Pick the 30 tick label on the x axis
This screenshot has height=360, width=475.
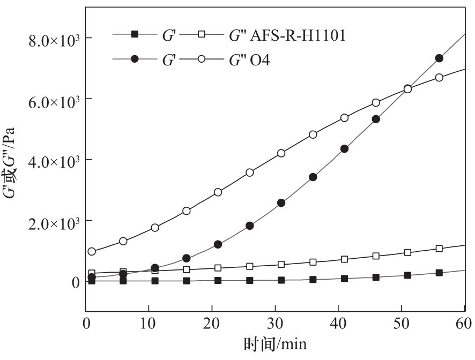click(x=275, y=323)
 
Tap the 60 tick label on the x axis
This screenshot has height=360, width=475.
click(x=464, y=323)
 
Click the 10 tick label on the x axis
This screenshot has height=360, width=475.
click(x=149, y=323)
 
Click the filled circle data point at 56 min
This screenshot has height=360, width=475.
click(x=439, y=58)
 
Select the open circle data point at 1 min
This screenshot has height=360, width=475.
click(x=92, y=251)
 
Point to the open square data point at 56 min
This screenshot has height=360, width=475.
click(x=439, y=249)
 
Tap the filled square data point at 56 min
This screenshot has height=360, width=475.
click(x=439, y=273)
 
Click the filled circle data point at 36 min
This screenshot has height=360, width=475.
click(x=313, y=177)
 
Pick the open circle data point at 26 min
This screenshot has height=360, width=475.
click(x=249, y=172)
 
